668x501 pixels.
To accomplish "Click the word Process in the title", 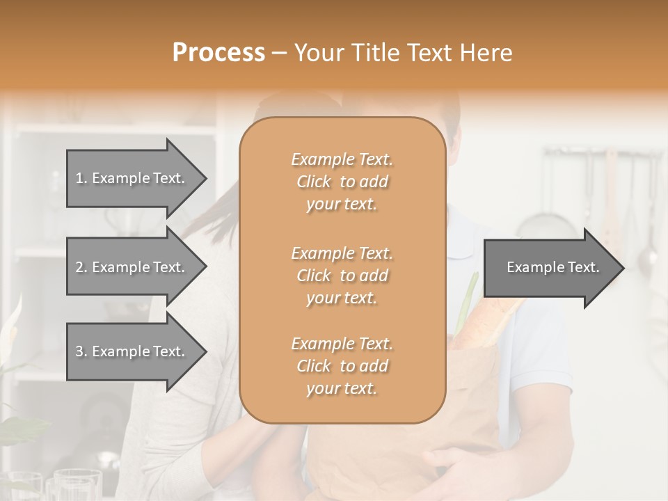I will pos(218,52).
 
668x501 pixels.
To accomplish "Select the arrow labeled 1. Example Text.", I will pos(136,178).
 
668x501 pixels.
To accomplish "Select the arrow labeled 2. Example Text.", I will pos(136,267).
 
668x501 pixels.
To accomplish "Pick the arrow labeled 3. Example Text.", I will pos(136,351).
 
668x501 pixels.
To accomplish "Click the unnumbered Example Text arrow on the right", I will pos(553,267).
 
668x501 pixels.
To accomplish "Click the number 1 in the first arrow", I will pos(79,178).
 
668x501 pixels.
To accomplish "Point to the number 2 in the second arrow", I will pos(79,267).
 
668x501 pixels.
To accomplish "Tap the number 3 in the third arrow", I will pos(79,351).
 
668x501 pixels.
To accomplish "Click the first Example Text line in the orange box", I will pos(342,159).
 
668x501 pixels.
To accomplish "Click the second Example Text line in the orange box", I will pos(342,253).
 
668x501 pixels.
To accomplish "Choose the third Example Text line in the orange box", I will pos(342,344).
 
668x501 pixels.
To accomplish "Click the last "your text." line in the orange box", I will pos(342,389).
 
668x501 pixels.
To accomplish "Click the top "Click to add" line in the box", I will pos(342,182).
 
